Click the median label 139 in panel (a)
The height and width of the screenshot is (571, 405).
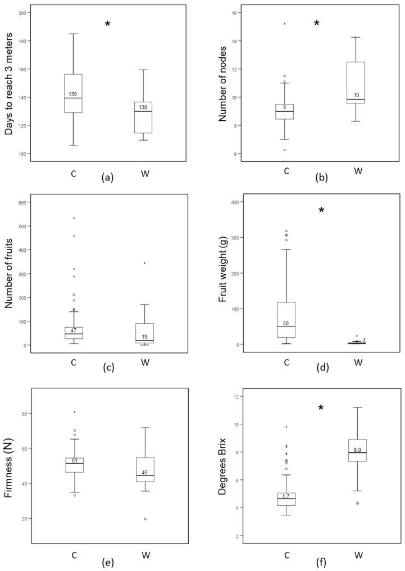73,94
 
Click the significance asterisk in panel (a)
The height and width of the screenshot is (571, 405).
107,24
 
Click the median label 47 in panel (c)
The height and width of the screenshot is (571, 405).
73,330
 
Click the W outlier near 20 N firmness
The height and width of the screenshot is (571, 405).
145,519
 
